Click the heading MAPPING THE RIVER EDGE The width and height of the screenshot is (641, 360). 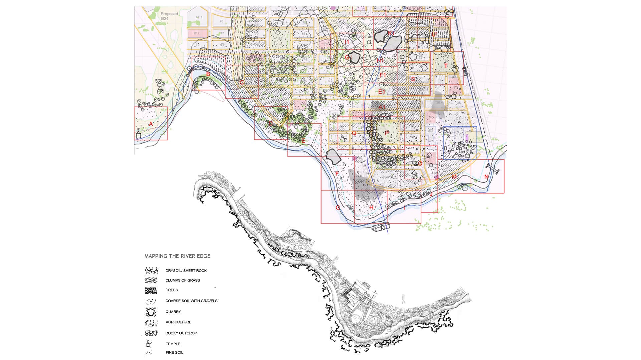point(177,256)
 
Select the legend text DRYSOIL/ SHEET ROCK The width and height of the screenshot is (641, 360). point(186,271)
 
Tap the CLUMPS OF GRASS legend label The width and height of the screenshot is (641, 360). point(183,280)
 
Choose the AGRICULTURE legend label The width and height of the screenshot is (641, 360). point(178,322)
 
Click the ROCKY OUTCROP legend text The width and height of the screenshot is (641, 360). point(181,333)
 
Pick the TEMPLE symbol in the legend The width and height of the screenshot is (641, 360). point(148,344)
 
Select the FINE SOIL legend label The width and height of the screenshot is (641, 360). point(174,352)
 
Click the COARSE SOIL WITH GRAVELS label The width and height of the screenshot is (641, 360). point(191,301)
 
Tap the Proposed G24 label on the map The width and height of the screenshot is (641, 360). point(169,16)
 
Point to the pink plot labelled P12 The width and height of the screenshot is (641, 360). point(196,33)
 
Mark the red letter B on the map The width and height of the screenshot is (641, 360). point(208,74)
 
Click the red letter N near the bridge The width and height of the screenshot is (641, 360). point(486,177)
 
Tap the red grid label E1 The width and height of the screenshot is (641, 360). point(382,92)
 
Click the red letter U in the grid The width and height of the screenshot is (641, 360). point(434,35)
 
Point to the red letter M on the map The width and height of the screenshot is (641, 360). point(454,177)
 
